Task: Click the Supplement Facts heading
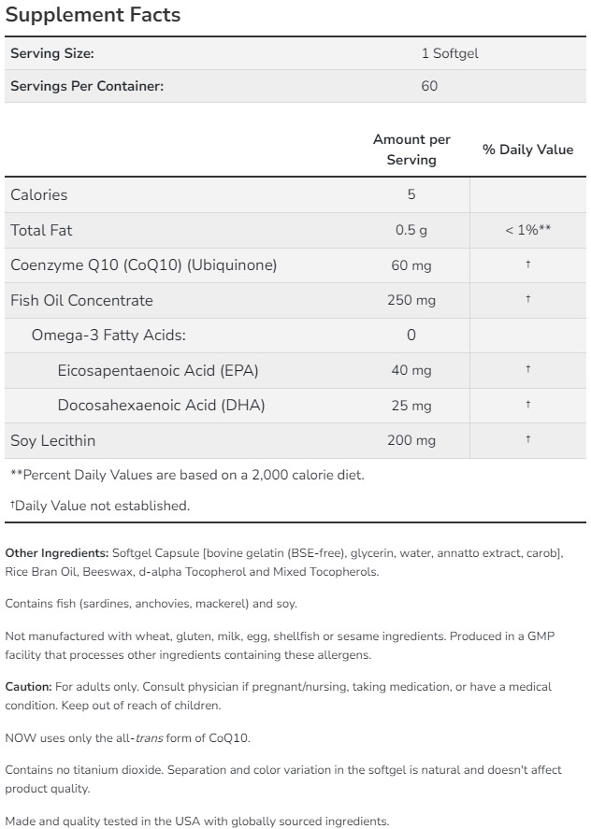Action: (93, 16)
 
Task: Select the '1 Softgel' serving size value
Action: (450, 53)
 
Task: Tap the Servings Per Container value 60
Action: (429, 86)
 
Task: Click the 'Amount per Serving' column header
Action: (411, 150)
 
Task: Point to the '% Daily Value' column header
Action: (527, 150)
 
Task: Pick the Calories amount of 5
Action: (411, 194)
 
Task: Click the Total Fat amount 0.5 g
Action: (411, 230)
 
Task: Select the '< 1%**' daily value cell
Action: (527, 230)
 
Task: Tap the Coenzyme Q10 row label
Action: (143, 265)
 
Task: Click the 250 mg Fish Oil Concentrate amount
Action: (411, 300)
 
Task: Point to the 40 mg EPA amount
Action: (411, 370)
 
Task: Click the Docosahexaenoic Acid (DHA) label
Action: (161, 405)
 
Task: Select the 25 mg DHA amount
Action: (411, 405)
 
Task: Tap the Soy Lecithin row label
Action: (53, 440)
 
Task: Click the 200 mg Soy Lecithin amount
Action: (411, 440)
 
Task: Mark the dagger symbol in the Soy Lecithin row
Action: (528, 438)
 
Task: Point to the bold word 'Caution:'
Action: (28, 687)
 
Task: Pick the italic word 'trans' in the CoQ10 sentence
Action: (150, 737)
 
